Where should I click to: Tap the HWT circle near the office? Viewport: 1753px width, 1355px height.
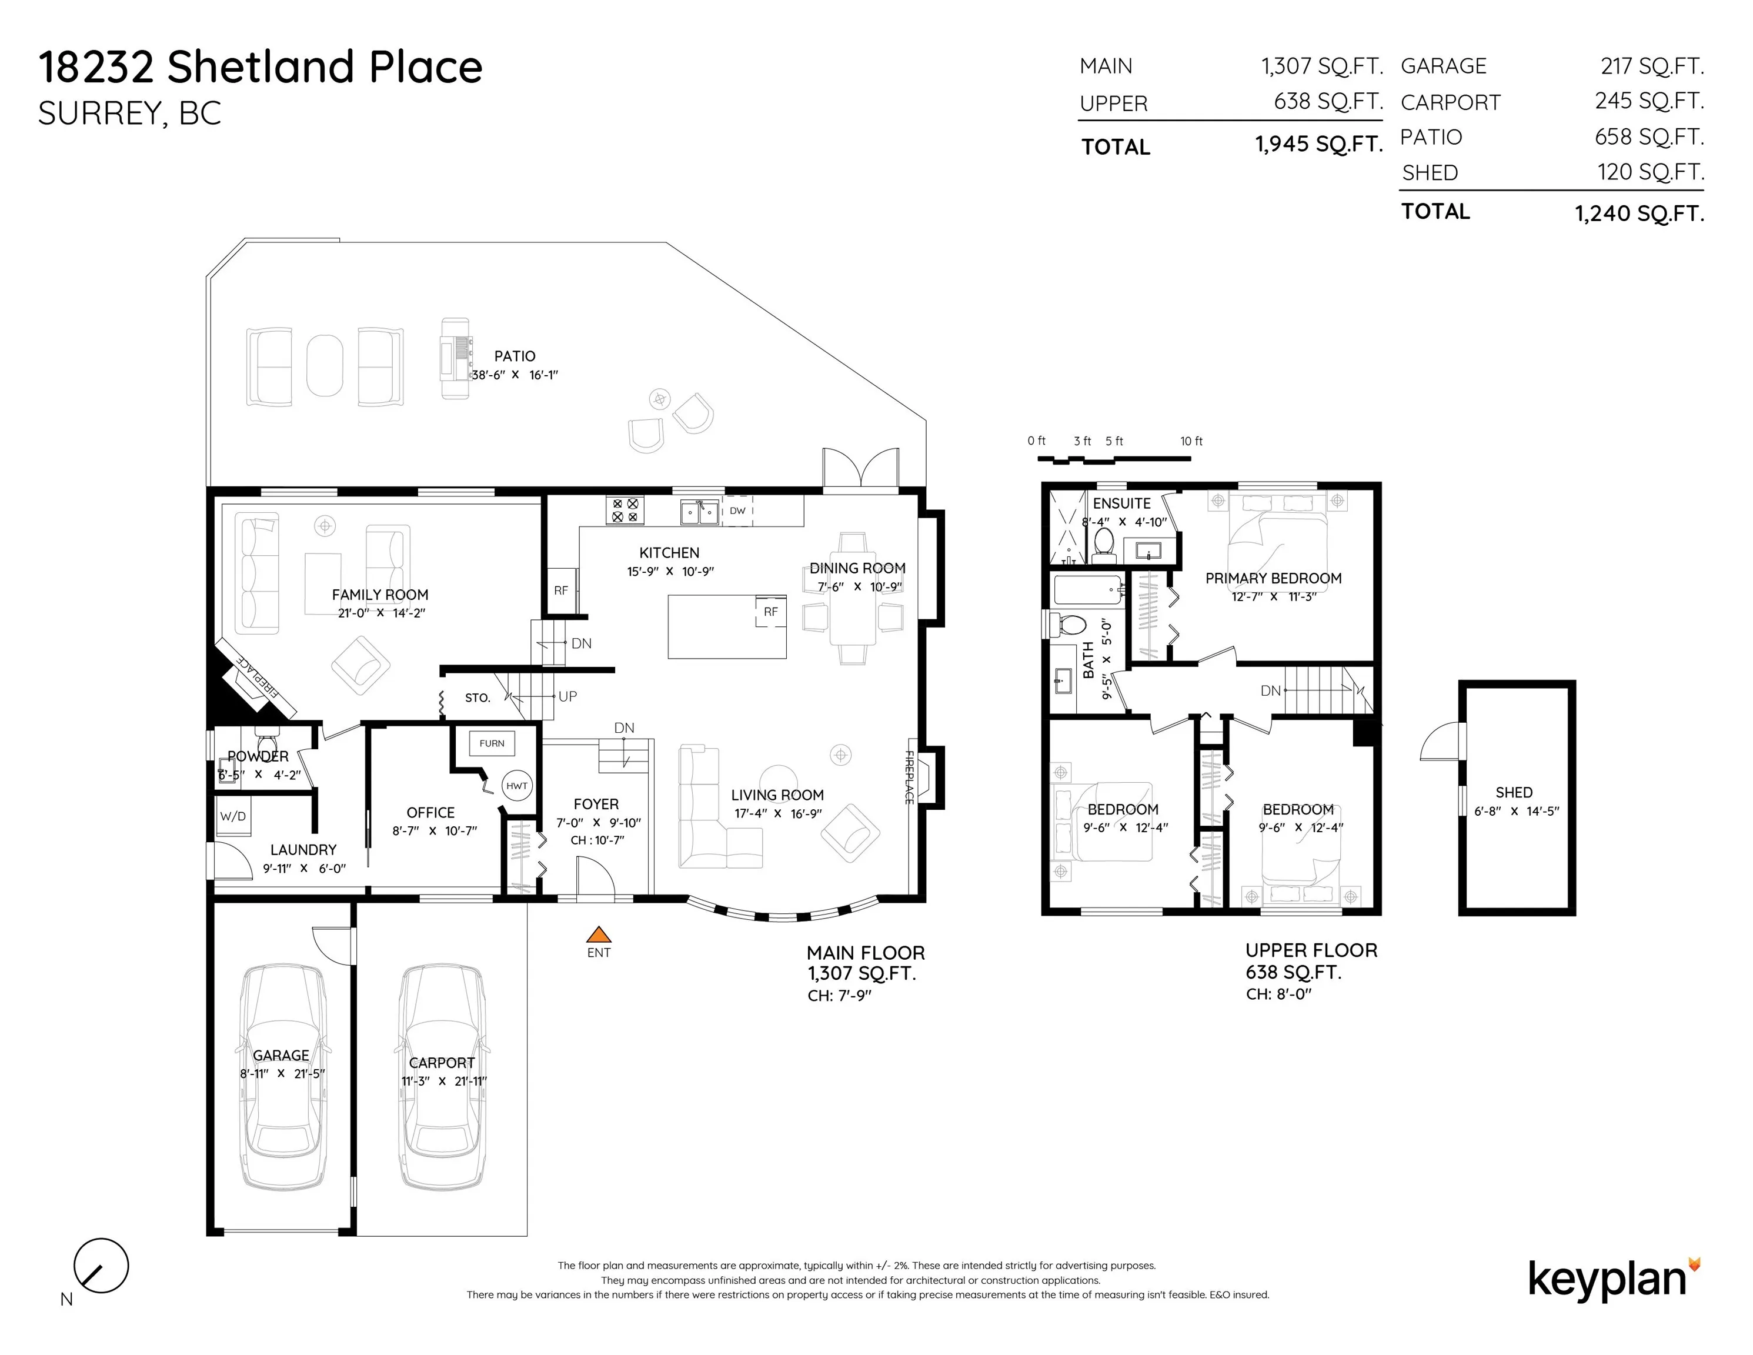pyautogui.click(x=517, y=786)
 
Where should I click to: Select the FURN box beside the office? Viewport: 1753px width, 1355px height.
pyautogui.click(x=492, y=743)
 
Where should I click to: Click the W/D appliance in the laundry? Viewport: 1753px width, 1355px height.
pyautogui.click(x=233, y=816)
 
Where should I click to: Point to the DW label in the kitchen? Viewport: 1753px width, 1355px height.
pyautogui.click(x=737, y=510)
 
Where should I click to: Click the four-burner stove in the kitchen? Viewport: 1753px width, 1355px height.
pyautogui.click(x=625, y=510)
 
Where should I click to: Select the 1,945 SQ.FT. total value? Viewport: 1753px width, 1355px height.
pyautogui.click(x=1320, y=145)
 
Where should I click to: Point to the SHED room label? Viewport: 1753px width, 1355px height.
pyautogui.click(x=1514, y=792)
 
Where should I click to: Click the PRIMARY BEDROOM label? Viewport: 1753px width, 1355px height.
pyautogui.click(x=1273, y=578)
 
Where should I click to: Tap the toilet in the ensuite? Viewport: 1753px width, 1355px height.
pyautogui.click(x=1104, y=543)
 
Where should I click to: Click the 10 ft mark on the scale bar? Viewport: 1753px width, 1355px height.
pyautogui.click(x=1191, y=440)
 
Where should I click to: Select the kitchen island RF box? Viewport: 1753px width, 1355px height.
pyautogui.click(x=770, y=612)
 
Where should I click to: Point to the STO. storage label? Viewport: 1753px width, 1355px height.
pyautogui.click(x=478, y=698)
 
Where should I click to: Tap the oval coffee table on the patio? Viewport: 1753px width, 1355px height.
pyautogui.click(x=324, y=365)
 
